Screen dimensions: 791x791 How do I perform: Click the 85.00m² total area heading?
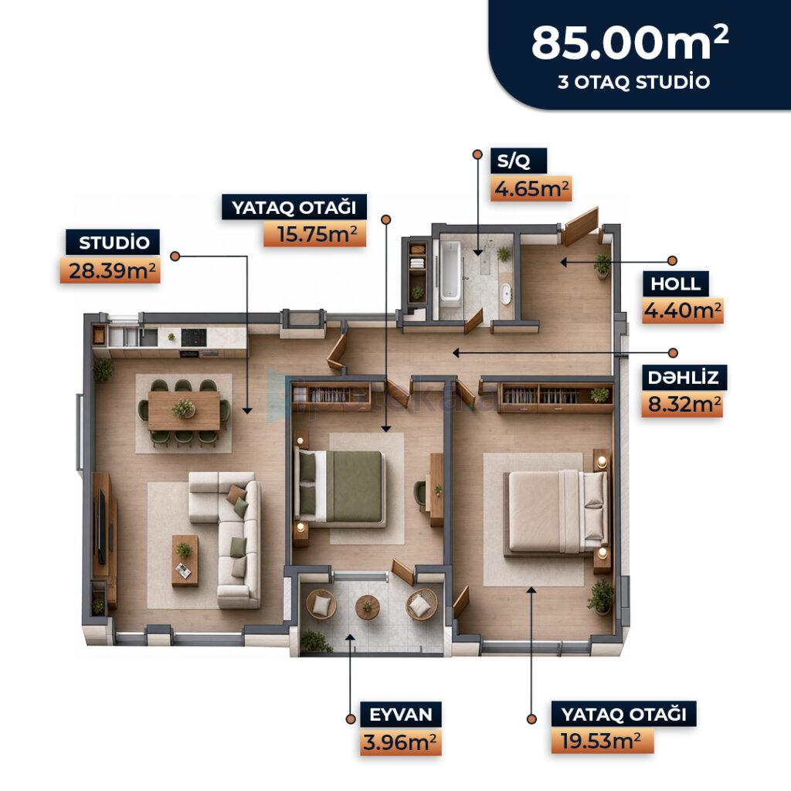[x=630, y=43]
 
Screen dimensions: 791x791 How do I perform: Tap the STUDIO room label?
[x=114, y=243]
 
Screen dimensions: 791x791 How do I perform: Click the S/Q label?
[x=514, y=161]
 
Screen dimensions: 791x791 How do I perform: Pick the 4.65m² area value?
[x=531, y=189]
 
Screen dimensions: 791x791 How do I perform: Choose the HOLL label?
[x=675, y=283]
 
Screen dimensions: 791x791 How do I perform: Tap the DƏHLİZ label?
[x=684, y=377]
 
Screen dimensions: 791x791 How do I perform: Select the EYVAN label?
[x=401, y=715]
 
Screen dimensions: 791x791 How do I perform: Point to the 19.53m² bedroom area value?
[x=600, y=742]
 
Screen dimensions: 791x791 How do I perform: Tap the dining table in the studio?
[x=184, y=411]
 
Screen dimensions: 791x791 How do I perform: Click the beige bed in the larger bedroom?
[x=555, y=511]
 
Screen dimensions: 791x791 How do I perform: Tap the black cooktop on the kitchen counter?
[x=193, y=338]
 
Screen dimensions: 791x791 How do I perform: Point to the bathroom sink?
[x=505, y=294]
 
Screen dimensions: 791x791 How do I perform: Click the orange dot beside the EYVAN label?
[x=351, y=719]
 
